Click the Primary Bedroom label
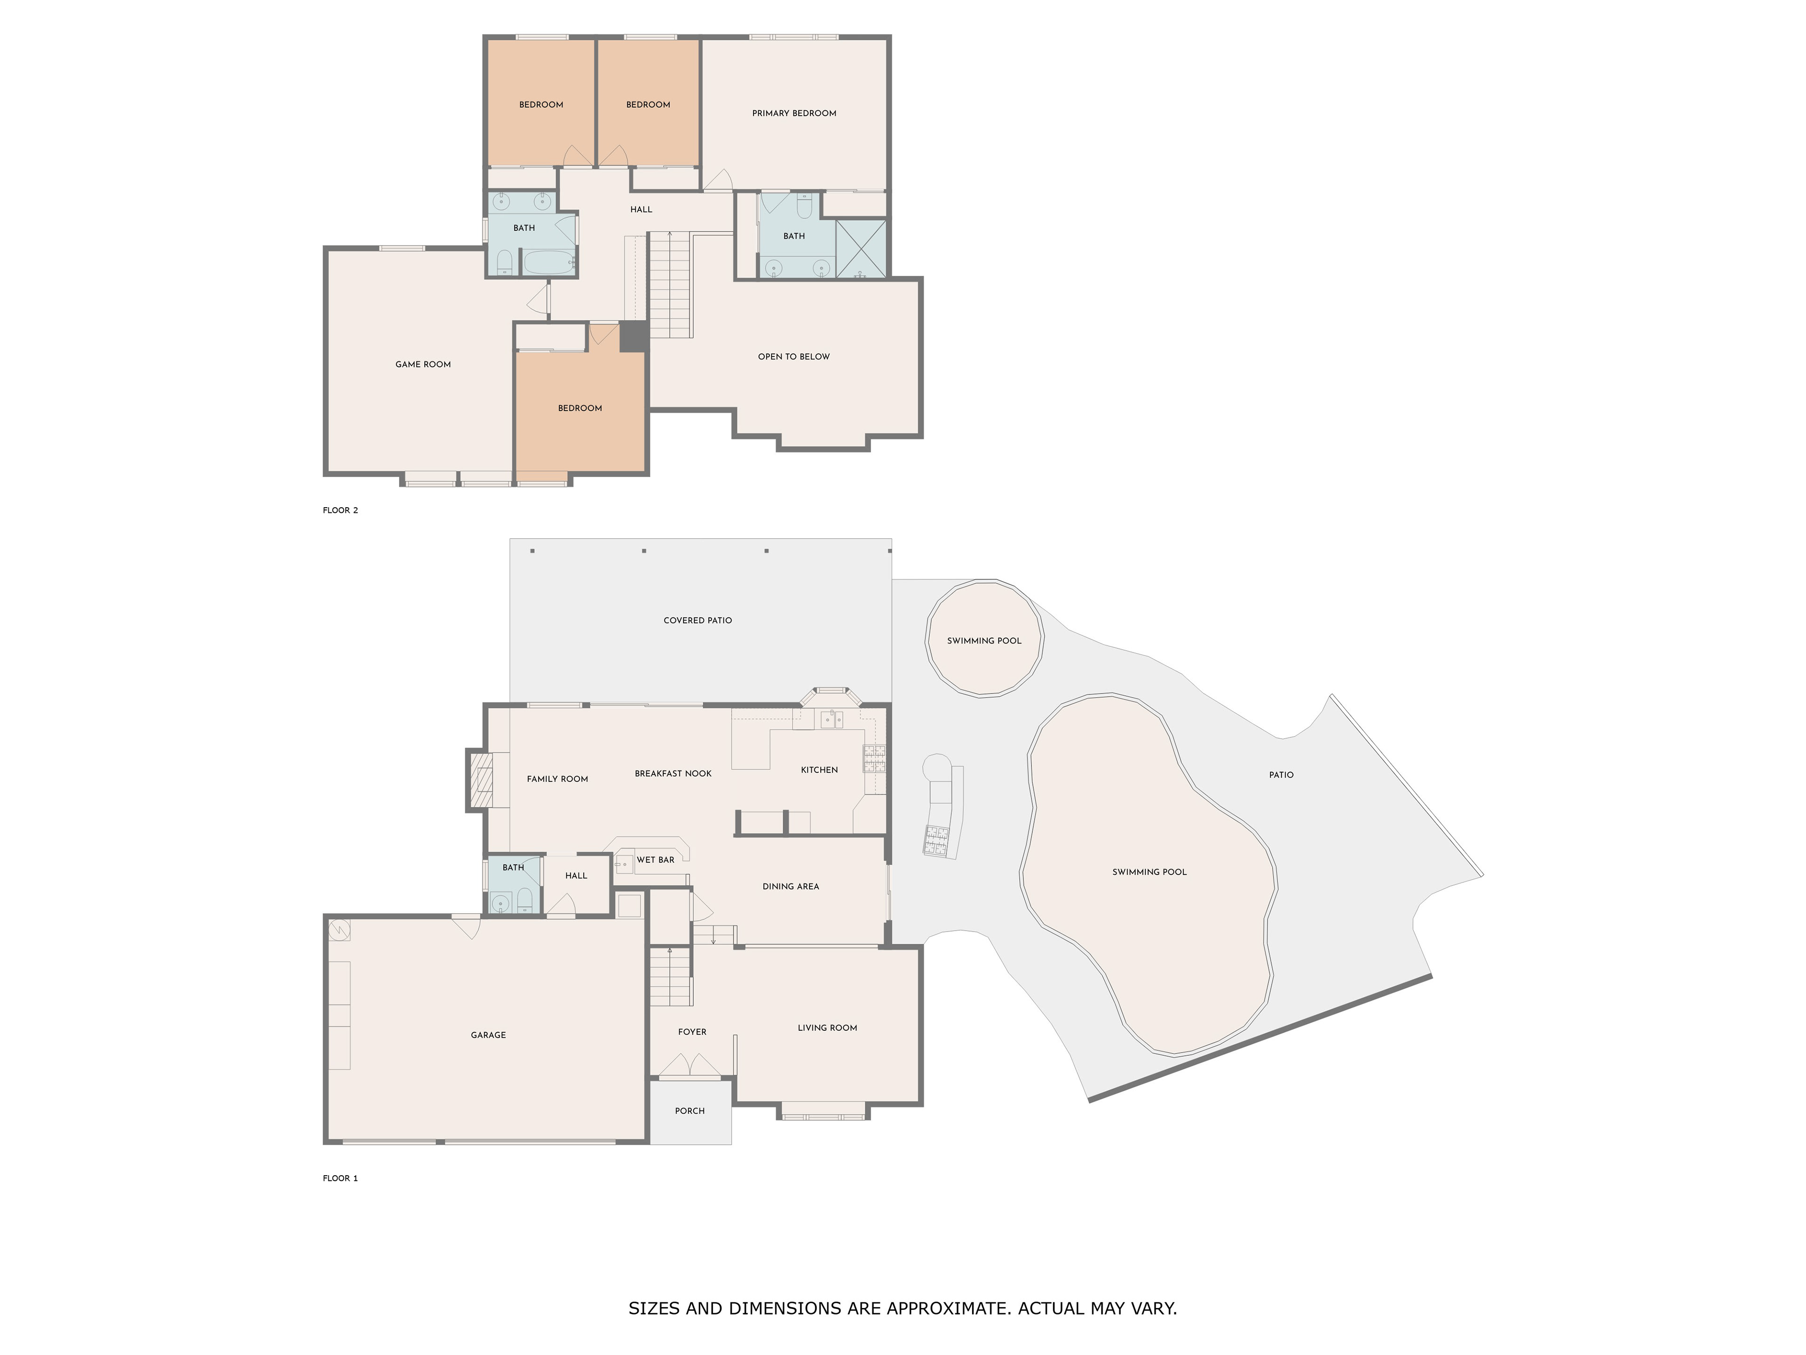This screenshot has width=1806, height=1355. tap(793, 113)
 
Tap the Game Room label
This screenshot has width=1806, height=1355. tap(423, 364)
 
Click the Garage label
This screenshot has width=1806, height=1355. tap(488, 1035)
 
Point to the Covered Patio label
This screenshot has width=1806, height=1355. tap(697, 621)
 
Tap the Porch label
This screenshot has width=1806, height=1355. tap(690, 1111)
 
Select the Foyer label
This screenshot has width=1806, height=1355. tap(692, 1032)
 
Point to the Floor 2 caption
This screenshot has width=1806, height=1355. tap(341, 510)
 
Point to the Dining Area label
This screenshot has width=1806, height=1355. tap(790, 887)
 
